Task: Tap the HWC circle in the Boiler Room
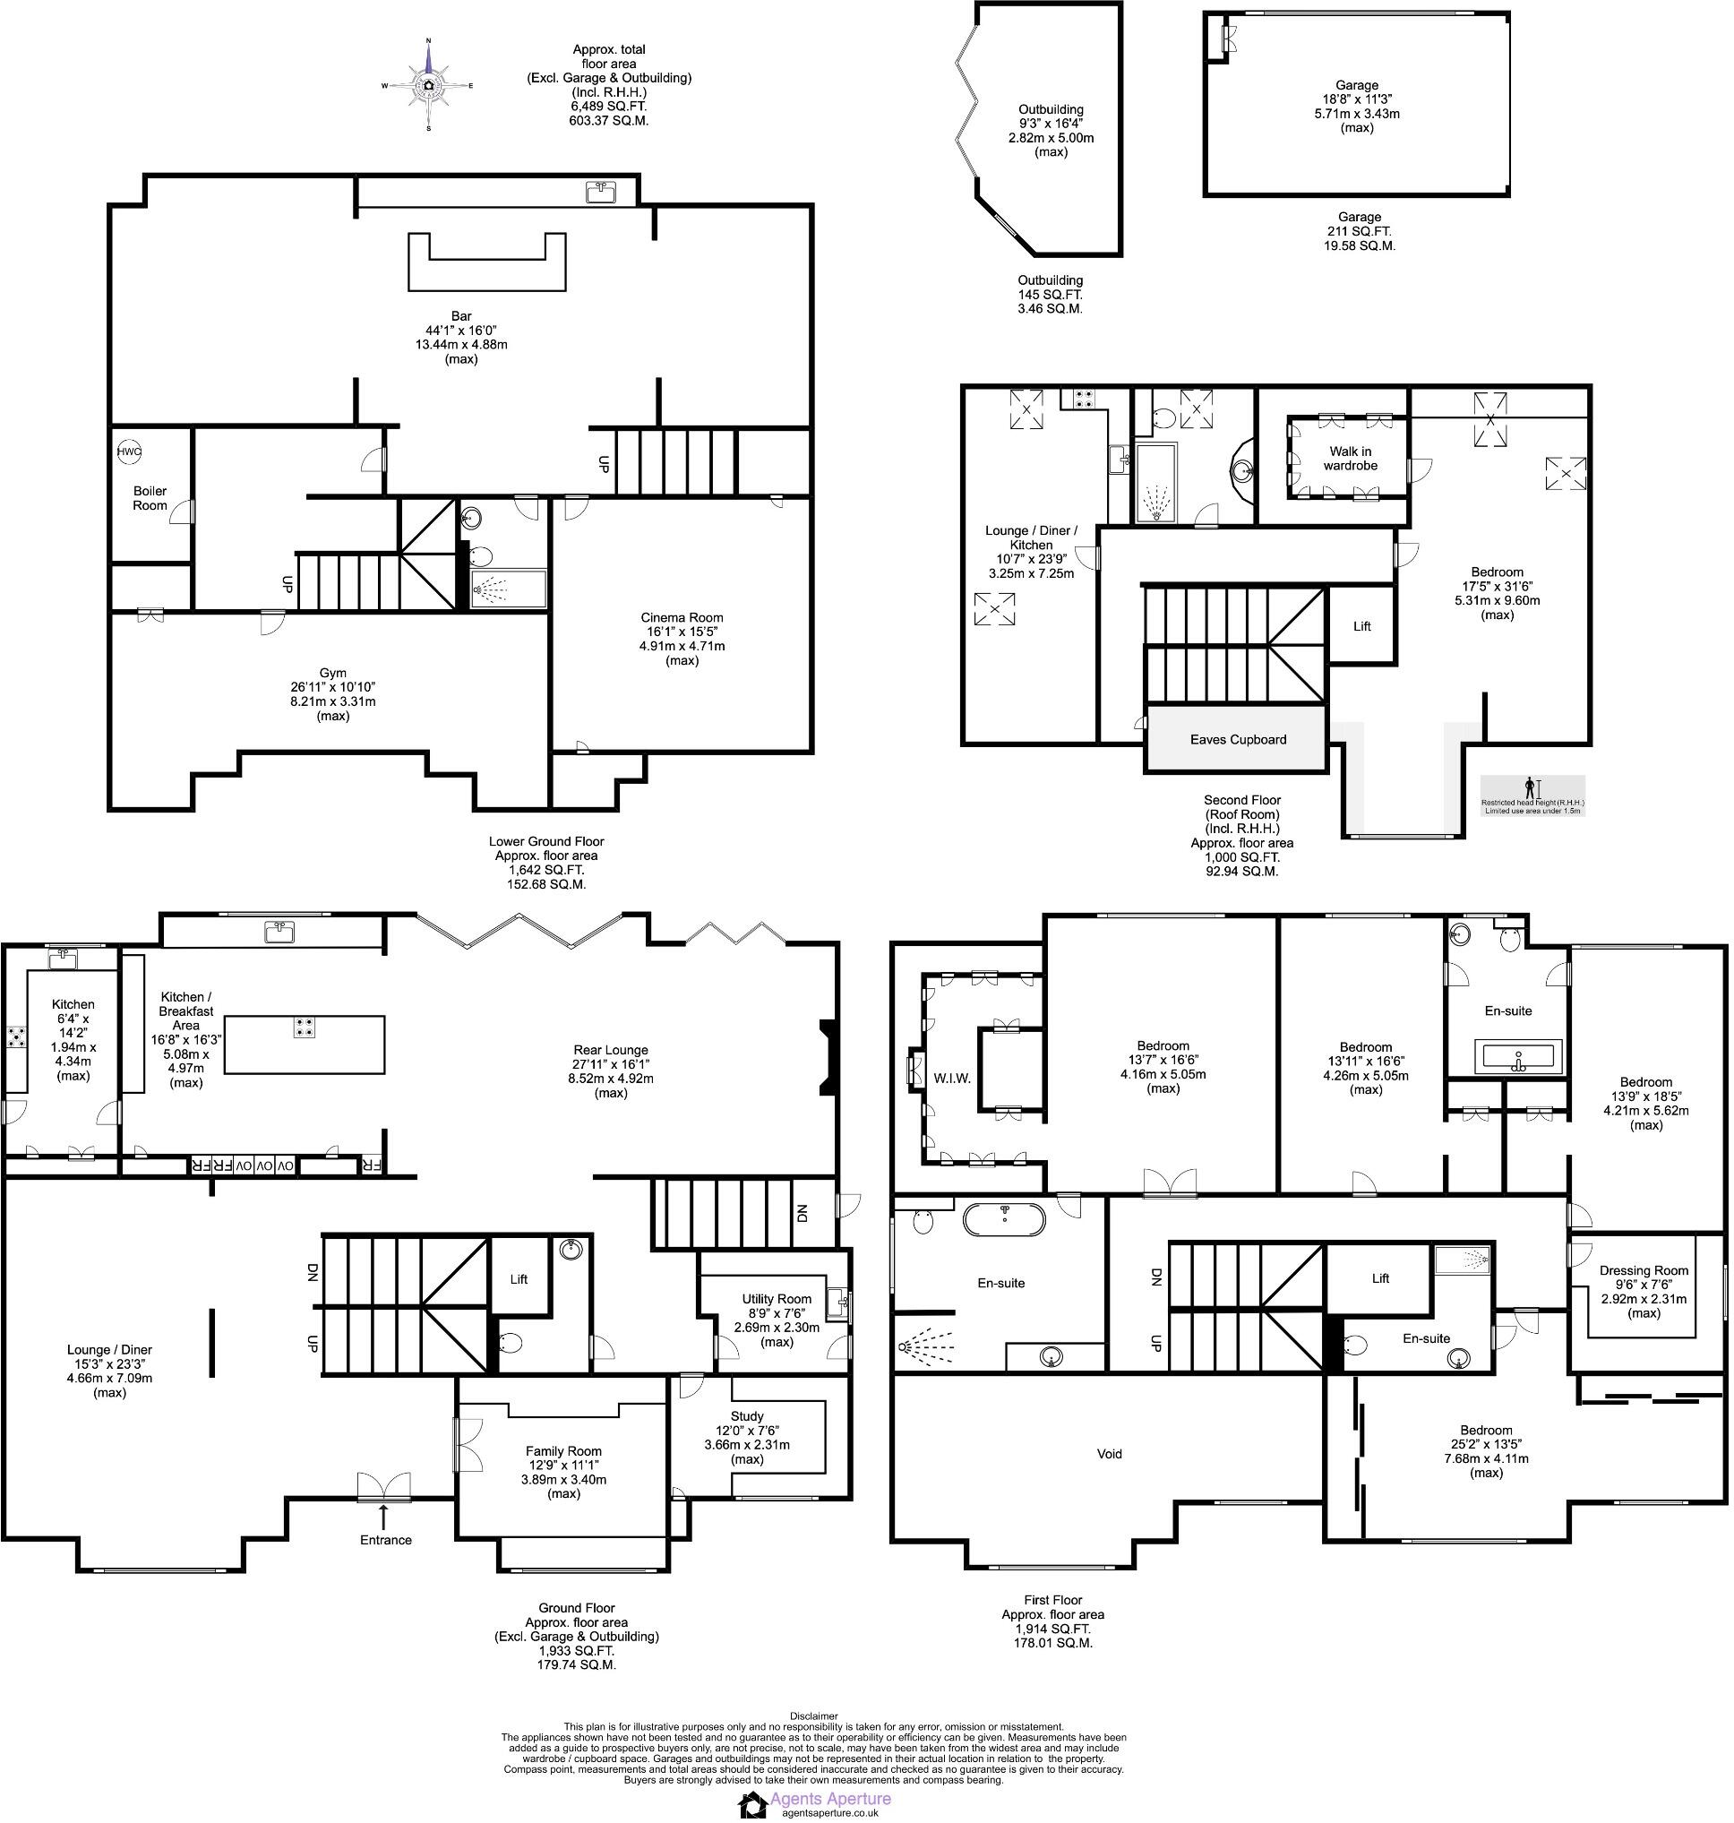pyautogui.click(x=128, y=452)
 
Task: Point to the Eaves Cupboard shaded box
pyautogui.click(x=1238, y=740)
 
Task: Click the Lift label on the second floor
pyautogui.click(x=1361, y=626)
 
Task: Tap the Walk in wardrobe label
pyautogui.click(x=1350, y=459)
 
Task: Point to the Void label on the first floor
pyautogui.click(x=1108, y=1454)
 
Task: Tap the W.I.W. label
pyautogui.click(x=952, y=1078)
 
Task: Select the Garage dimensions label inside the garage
pyautogui.click(x=1356, y=107)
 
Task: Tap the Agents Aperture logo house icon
pyautogui.click(x=751, y=1804)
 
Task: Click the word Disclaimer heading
pyautogui.click(x=813, y=1716)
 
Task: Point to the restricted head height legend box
pyautogui.click(x=1532, y=795)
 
